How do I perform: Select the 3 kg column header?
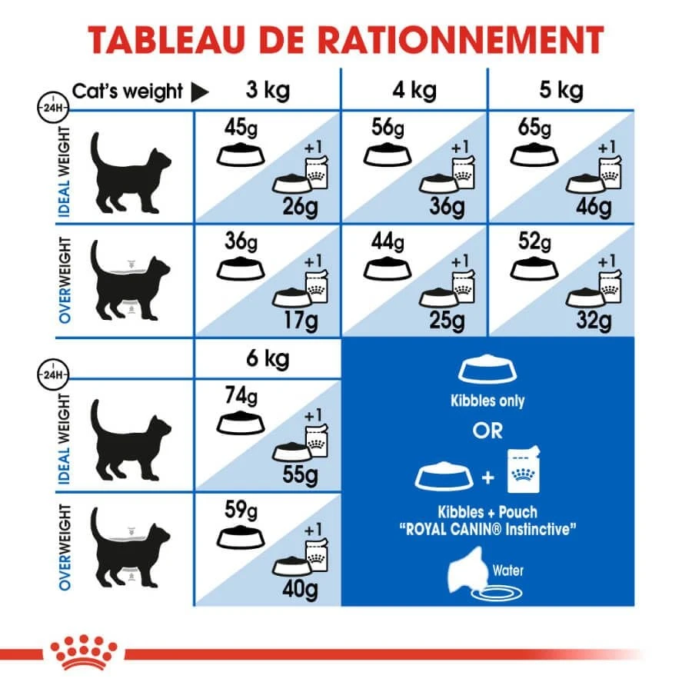click(x=267, y=91)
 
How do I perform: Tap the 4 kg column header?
click(x=414, y=91)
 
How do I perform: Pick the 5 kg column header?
click(x=561, y=91)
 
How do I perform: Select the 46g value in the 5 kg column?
click(x=594, y=207)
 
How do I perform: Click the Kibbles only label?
click(x=487, y=401)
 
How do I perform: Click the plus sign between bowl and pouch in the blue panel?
click(x=487, y=478)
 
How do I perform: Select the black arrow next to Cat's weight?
click(x=199, y=92)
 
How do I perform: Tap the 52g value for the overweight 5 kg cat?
click(x=534, y=242)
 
